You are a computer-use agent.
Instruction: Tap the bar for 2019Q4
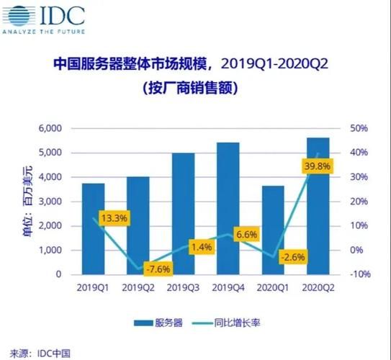coord(228,209)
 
